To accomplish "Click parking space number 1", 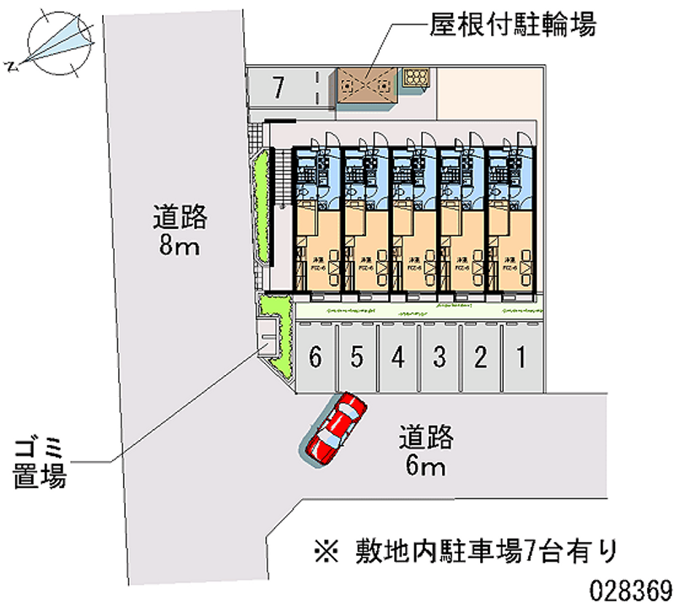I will point(522,358).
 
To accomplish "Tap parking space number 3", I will point(440,358).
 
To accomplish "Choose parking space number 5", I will point(357,358).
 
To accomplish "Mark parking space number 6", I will point(316,358).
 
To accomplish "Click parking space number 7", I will point(279,86).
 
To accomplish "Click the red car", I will point(337,427).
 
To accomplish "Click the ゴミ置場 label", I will point(40,459).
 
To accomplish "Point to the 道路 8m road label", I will point(180,232).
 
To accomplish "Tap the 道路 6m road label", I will point(427,452).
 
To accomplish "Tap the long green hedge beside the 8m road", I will point(261,206).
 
